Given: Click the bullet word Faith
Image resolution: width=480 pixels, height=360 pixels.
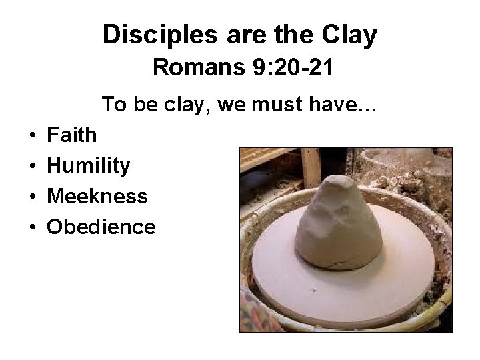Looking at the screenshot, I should pyautogui.click(x=71, y=135).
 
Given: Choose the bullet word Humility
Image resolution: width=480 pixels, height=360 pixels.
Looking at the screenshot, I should pyautogui.click(x=88, y=165).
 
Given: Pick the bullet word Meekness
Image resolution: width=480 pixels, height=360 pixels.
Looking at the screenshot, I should pyautogui.click(x=97, y=196).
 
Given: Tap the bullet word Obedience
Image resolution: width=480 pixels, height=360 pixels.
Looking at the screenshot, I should pyautogui.click(x=101, y=227).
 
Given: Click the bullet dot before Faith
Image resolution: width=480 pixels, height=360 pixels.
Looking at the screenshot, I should pyautogui.click(x=33, y=135).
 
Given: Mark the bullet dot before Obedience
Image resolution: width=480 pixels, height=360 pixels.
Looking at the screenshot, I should pyautogui.click(x=33, y=227).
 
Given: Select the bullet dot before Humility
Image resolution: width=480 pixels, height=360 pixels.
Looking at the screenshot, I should pyautogui.click(x=33, y=166).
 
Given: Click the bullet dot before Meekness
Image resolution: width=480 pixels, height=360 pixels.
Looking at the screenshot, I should pyautogui.click(x=33, y=197).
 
